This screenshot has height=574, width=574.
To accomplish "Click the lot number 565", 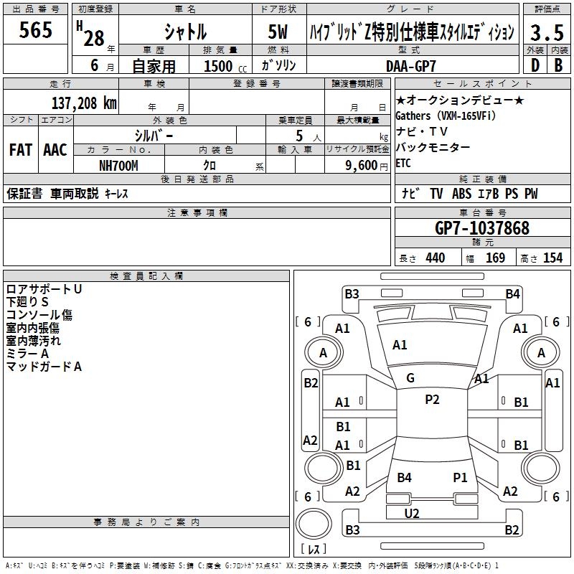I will tap(35, 30).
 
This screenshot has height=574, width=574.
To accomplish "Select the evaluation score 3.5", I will tap(546, 32).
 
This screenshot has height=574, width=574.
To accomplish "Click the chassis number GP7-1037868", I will tap(482, 228).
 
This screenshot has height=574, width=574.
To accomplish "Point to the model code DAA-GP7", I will tap(410, 65).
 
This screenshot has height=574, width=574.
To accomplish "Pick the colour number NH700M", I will tap(118, 165).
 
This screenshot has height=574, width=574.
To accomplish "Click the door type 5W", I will tap(279, 32).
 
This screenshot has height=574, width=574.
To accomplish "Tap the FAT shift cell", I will tap(21, 150).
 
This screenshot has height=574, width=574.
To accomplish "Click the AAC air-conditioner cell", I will tap(55, 150).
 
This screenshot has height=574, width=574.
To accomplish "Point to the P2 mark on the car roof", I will tap(432, 400).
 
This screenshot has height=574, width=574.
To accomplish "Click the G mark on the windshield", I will tap(410, 378).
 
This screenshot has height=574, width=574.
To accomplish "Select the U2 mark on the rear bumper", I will tap(412, 513).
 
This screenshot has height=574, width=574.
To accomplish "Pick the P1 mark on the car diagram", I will tap(460, 477).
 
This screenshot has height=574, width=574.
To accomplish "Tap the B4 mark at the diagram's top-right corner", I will tap(512, 293).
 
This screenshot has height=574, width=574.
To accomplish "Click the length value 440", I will tap(435, 258).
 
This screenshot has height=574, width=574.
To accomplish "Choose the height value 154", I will tap(552, 258).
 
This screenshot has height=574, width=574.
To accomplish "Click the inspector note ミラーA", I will tap(28, 354).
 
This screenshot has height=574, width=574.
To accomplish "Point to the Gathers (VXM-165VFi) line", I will tap(446, 116).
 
